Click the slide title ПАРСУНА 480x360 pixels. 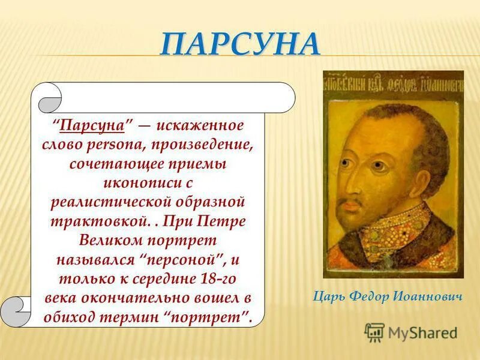pyautogui.click(x=240, y=45)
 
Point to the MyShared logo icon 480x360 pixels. pyautogui.click(x=374, y=332)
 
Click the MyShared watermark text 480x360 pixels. pyautogui.click(x=422, y=332)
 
